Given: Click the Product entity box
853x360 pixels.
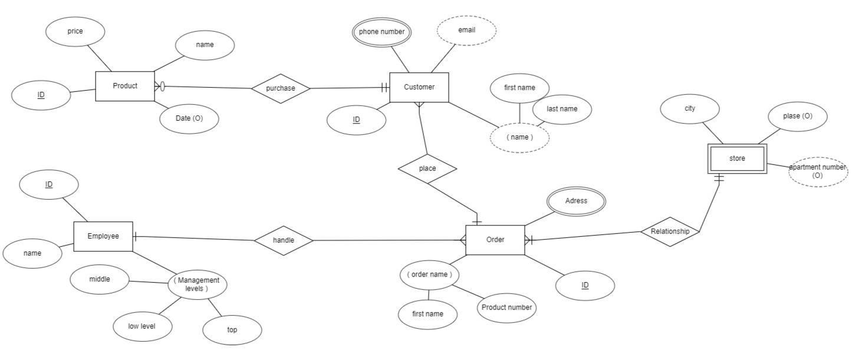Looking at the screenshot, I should coord(125,86).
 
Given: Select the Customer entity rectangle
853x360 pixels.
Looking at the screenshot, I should coord(419,87).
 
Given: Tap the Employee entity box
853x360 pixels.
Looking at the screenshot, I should coord(103,236).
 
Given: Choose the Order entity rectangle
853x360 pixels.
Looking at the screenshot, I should coord(495,240).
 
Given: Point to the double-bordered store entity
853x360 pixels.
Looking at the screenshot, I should coord(737,158).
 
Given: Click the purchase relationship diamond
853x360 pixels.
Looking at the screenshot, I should coord(281,88).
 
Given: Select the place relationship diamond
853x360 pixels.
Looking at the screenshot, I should coord(427,169).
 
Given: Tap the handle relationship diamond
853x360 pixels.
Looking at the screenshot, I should coord(284,240).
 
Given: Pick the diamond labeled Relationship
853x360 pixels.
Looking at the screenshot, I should coord(670,232).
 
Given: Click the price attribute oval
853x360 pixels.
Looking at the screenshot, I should coord(75,31).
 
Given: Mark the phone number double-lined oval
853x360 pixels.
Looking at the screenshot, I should coord(381,32).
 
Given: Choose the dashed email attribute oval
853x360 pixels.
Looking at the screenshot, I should coord(466,31).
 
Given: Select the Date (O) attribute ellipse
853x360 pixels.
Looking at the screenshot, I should coord(189,118).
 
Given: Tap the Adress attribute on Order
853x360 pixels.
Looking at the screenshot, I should coord(576,201).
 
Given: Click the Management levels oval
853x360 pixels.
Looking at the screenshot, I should coord(197,285).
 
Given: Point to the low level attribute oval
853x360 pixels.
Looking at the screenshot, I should coord(142,326).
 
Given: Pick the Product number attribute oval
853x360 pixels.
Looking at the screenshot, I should coord(506,308).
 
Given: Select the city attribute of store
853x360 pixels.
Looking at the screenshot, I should coord(690,109).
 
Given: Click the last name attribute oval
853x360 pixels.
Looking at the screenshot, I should coord(562,109).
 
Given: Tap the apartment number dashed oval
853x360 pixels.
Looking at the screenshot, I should coord(818,171).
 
